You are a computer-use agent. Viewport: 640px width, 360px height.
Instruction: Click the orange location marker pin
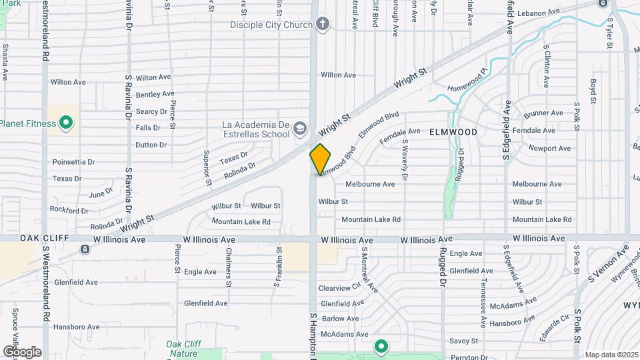click(320, 159)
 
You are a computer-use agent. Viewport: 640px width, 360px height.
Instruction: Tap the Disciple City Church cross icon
click(323, 25)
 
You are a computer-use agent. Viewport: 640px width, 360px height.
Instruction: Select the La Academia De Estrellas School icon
click(301, 129)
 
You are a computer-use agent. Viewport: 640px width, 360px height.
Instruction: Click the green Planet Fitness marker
click(66, 123)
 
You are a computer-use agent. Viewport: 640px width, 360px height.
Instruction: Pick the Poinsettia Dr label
click(73, 162)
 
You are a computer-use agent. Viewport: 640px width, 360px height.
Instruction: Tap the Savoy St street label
click(464, 341)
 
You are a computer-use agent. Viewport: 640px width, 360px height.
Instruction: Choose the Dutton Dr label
click(151, 145)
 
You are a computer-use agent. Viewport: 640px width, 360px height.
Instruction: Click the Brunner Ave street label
click(544, 114)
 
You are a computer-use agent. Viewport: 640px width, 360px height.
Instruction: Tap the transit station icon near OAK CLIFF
click(85, 249)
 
